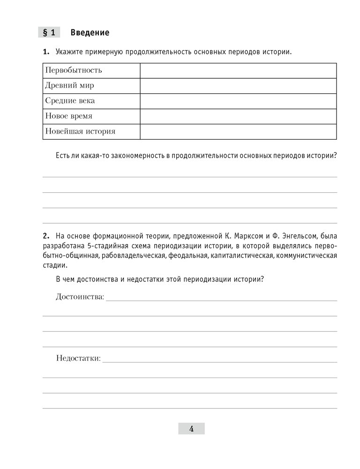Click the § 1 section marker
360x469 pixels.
click(49, 32)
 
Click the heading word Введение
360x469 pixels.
click(90, 32)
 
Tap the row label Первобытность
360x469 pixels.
click(74, 70)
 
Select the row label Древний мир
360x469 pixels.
click(69, 86)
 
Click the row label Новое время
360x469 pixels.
click(68, 116)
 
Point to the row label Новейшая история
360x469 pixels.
click(80, 131)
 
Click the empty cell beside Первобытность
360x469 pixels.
click(238, 70)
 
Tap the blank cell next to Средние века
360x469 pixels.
click(238, 101)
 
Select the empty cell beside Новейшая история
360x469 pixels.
click(238, 131)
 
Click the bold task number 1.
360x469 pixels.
click(46, 52)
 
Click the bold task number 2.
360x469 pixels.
click(46, 235)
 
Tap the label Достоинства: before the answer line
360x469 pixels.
click(80, 296)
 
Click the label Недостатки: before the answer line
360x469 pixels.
click(78, 358)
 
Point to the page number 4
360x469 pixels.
click(191, 429)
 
